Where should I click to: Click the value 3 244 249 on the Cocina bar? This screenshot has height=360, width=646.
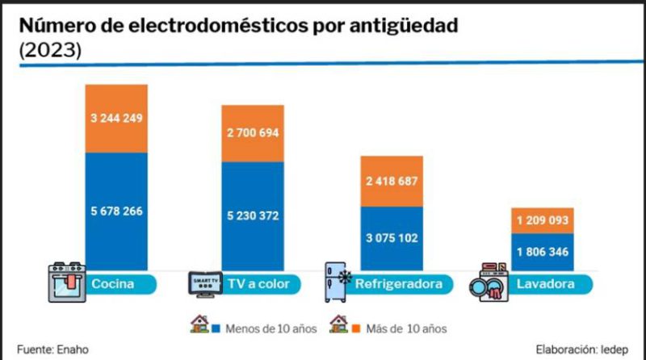pos(117,119)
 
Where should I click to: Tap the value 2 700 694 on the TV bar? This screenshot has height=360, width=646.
pos(253,132)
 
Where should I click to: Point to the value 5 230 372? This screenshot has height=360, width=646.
pos(253,216)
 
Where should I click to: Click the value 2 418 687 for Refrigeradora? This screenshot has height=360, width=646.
pos(391,181)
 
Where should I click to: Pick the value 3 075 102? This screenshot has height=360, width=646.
pos(391,239)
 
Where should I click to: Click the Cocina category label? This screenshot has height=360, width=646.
pos(112,284)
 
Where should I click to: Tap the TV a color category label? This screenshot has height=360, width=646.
pos(259,284)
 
